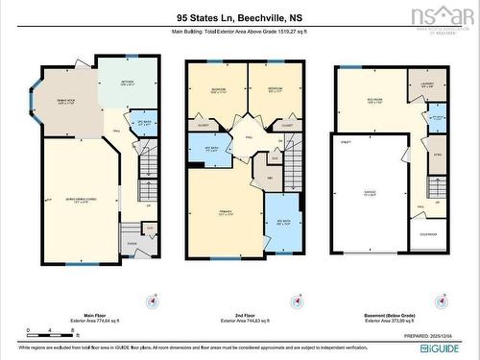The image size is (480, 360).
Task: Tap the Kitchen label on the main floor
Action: point(127,83)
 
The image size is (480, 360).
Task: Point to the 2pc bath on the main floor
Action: point(144,123)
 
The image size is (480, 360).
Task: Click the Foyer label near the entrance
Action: point(132,244)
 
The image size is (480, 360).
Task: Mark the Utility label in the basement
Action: point(347,141)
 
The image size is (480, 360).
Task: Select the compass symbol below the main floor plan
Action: point(151,300)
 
